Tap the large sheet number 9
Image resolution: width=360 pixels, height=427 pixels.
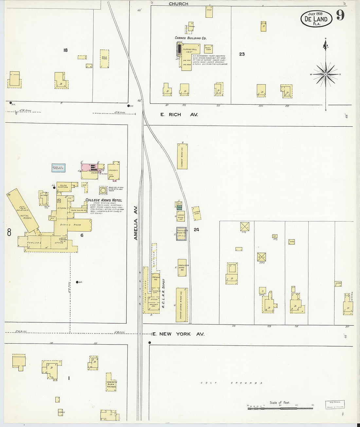pos(340,15)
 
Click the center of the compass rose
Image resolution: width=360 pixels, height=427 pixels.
pos(326,75)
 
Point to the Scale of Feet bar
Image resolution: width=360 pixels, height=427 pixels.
pos(280,408)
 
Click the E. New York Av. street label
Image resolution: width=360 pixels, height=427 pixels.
pos(178,334)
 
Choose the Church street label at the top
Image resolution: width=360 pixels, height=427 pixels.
pos(178,4)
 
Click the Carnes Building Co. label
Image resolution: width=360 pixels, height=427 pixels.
pos(191,38)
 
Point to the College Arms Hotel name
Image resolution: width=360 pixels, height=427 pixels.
pos(103,200)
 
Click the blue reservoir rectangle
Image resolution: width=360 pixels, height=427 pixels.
pos(59,168)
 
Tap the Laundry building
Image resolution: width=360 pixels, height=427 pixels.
pos(113,170)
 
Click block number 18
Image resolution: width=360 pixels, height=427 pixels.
pos(66,50)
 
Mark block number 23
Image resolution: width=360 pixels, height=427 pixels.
pos(242,54)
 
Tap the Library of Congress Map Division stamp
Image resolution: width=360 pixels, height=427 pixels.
pos(335,405)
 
